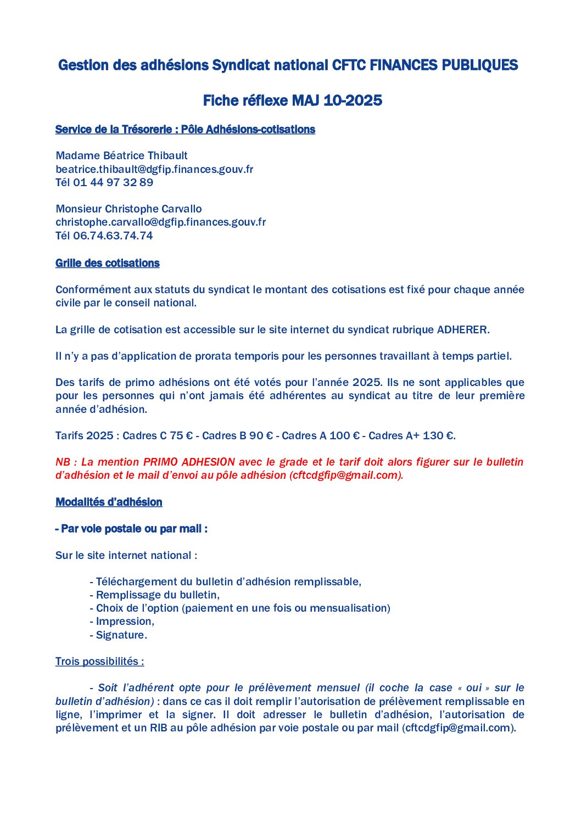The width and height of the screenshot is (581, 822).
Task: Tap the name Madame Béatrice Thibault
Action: tap(121, 155)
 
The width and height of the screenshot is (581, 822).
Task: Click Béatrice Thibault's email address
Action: tap(154, 169)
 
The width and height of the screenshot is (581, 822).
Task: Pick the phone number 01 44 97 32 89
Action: tap(113, 182)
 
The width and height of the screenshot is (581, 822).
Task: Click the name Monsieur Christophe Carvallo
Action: tap(129, 209)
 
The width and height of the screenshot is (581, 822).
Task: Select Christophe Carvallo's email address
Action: tap(160, 222)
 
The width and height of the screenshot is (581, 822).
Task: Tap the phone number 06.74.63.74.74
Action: tap(113, 236)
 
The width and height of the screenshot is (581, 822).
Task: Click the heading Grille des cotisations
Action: tap(107, 263)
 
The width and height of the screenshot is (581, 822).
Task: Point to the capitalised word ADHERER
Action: tap(461, 329)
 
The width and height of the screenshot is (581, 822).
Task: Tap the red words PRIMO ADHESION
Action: tap(189, 462)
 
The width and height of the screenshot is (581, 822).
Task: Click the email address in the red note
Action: tap(346, 475)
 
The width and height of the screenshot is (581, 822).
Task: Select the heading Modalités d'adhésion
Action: tap(109, 502)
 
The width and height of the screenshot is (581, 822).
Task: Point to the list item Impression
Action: tap(125, 621)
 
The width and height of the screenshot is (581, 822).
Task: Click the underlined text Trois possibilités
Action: tap(99, 661)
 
